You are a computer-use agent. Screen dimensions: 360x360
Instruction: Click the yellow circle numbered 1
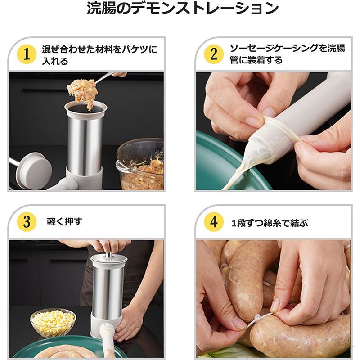pyautogui.click(x=27, y=54)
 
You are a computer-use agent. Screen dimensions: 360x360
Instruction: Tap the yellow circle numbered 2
pyautogui.click(x=214, y=54)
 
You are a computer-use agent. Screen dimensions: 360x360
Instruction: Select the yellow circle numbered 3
pyautogui.click(x=27, y=222)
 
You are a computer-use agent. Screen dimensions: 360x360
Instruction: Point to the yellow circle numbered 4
pyautogui.click(x=214, y=222)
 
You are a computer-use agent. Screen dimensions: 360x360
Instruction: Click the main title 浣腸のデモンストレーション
pyautogui.click(x=183, y=9)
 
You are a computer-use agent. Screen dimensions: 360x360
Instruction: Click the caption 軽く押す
pyautogui.click(x=64, y=222)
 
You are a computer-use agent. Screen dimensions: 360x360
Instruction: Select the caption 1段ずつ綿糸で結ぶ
pyautogui.click(x=270, y=223)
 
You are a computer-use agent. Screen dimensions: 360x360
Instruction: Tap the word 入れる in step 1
pyautogui.click(x=55, y=61)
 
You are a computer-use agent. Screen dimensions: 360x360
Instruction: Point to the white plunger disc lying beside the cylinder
pyautogui.click(x=34, y=171)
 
